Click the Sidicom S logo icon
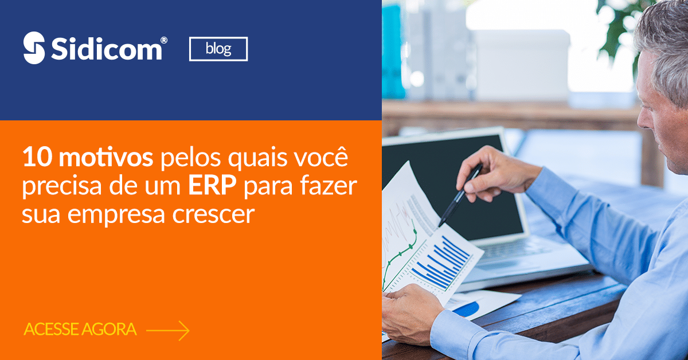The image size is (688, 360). tap(34, 48)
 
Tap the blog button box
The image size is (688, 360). tap(218, 49)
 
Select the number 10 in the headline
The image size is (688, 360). tap(37, 157)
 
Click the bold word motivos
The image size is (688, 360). tap(105, 157)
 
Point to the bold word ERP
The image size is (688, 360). tap(212, 186)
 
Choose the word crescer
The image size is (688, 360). tap(213, 214)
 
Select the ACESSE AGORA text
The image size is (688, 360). tap(80, 329)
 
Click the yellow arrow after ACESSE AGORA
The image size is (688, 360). tap(167, 331)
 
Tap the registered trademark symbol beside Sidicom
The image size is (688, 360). tap(164, 40)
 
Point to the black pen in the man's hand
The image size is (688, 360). tap(460, 195)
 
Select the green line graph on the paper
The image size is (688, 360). tap(399, 257)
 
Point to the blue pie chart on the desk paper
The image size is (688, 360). tap(466, 309)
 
